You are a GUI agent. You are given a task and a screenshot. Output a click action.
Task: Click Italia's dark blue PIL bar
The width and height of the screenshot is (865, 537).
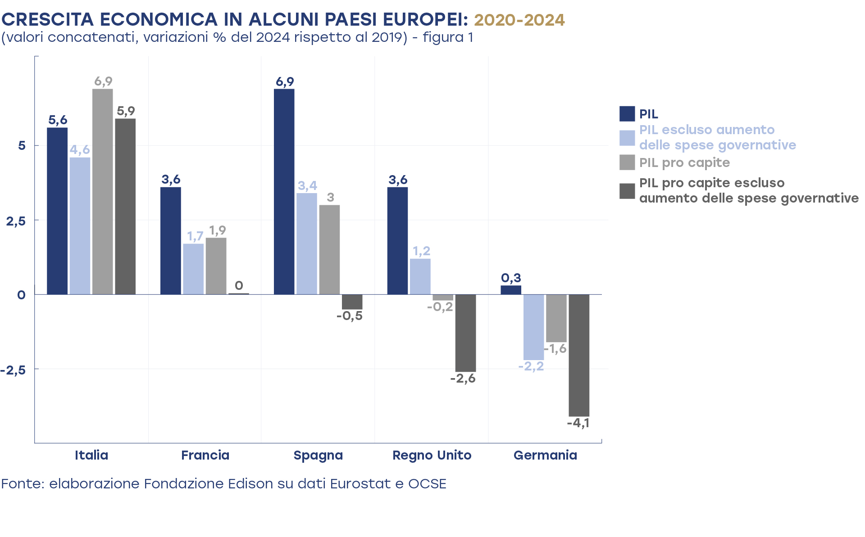(x=57, y=211)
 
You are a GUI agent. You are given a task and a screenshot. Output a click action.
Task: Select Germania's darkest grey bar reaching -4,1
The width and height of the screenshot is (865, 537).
(x=579, y=355)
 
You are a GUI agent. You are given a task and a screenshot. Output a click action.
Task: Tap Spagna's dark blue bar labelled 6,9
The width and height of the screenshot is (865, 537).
(x=284, y=192)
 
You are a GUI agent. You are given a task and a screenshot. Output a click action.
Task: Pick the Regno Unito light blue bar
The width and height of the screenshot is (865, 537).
(x=420, y=276)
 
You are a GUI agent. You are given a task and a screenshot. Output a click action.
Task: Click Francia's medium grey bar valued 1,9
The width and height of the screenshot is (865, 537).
(x=216, y=266)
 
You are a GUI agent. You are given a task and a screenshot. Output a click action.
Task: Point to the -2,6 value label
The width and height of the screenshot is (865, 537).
(x=463, y=379)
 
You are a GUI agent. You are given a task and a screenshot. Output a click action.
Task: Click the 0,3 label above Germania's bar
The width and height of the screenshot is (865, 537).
(x=511, y=278)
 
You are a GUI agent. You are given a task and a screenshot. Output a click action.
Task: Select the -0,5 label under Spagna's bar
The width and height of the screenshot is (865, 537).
(x=350, y=316)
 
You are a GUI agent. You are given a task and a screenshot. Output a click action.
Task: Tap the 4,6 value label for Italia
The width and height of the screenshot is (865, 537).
(x=80, y=149)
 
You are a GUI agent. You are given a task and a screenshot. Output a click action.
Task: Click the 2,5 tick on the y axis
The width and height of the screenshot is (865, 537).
(x=16, y=221)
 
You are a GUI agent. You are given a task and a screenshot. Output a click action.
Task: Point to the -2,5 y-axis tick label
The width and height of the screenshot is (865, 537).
(x=13, y=370)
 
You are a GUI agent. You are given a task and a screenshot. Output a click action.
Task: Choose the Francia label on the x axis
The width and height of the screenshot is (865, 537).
(x=205, y=455)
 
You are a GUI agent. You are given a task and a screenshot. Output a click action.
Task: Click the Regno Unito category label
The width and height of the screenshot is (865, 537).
(x=432, y=455)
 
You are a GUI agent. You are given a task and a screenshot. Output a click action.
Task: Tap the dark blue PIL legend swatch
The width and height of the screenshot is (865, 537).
(x=627, y=114)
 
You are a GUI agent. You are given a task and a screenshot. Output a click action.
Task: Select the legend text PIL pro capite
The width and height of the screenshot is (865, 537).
(x=684, y=162)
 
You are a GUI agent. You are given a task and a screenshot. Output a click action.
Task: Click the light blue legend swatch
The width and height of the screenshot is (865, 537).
(x=627, y=138)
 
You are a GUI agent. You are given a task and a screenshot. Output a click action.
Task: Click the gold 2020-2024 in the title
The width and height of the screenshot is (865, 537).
(x=519, y=20)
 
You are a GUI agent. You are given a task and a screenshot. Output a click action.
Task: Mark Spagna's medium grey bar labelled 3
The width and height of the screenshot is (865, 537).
(x=329, y=250)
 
